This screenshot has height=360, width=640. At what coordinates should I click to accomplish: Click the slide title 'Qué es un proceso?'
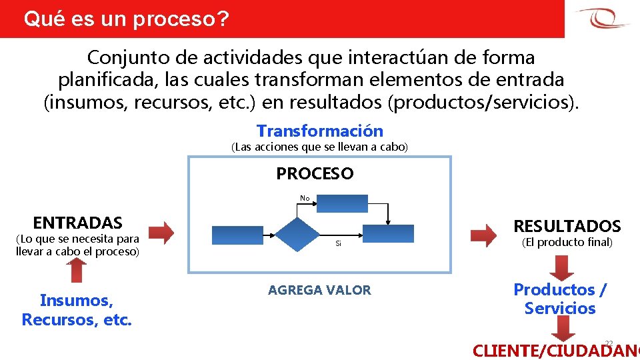(x=126, y=19)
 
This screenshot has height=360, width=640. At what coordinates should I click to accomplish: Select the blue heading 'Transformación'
(x=320, y=131)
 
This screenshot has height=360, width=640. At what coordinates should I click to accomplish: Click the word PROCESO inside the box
(x=315, y=174)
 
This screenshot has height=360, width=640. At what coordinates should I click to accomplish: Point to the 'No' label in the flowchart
(x=305, y=198)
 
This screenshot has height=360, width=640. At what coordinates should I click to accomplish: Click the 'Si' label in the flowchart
(x=338, y=244)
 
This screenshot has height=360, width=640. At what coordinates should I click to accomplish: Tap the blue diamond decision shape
(x=299, y=235)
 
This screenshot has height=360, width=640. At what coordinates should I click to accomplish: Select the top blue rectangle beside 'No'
(x=342, y=203)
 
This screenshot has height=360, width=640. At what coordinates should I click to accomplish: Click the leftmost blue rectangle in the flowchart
(x=237, y=235)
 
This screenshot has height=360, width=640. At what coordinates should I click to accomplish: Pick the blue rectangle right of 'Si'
(x=388, y=233)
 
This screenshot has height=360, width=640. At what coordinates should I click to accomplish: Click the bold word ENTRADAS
(x=78, y=223)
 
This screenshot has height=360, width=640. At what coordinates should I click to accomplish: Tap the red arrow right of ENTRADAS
(x=161, y=232)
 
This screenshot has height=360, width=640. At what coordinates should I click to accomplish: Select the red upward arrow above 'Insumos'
(x=78, y=270)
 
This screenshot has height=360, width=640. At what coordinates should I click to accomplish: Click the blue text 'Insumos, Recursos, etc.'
(x=77, y=310)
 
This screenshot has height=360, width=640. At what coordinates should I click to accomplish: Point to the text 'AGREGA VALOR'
(x=319, y=290)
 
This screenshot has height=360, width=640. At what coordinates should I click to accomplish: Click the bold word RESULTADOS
(x=567, y=226)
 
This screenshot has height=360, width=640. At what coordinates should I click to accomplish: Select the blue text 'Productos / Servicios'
(x=560, y=299)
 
